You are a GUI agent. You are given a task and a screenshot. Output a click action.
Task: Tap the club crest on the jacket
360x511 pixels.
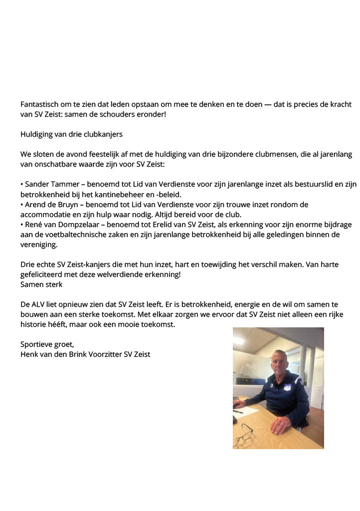(287, 388)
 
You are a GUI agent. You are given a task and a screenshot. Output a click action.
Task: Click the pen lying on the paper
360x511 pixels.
(238, 411)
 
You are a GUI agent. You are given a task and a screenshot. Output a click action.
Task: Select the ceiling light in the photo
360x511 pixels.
(238, 341)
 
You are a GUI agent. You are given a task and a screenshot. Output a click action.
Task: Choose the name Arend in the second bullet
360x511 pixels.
(35, 205)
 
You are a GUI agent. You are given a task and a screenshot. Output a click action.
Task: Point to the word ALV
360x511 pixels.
(40, 304)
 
